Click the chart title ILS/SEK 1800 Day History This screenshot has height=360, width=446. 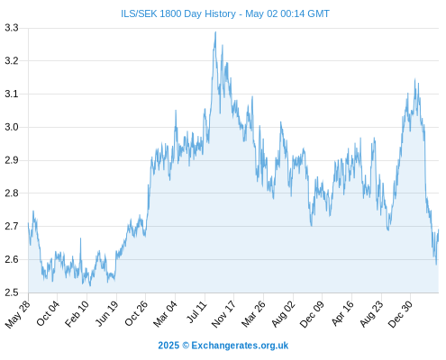(178, 13)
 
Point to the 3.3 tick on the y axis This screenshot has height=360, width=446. (12, 28)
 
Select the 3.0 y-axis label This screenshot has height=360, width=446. (12, 127)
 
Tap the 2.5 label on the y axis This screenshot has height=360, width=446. (12, 292)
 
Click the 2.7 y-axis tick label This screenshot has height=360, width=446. (12, 226)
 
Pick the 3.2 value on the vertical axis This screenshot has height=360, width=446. (12, 61)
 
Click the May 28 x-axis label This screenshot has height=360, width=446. (18, 314)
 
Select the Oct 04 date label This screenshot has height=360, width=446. (48, 313)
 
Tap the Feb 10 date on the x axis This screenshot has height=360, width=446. (77, 313)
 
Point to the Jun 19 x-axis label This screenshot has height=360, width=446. (107, 313)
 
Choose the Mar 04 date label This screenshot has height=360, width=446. (166, 313)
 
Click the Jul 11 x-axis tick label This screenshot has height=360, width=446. (197, 312)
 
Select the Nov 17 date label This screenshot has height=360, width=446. (224, 314)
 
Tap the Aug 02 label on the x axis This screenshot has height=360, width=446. (284, 314)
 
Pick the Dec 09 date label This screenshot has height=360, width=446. (313, 314)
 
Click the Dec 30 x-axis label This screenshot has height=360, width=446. (401, 314)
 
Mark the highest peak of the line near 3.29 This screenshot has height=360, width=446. (215, 32)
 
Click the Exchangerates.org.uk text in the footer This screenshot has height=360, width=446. (240, 346)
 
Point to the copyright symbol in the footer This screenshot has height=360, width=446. (186, 346)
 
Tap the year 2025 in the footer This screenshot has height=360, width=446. (168, 346)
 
